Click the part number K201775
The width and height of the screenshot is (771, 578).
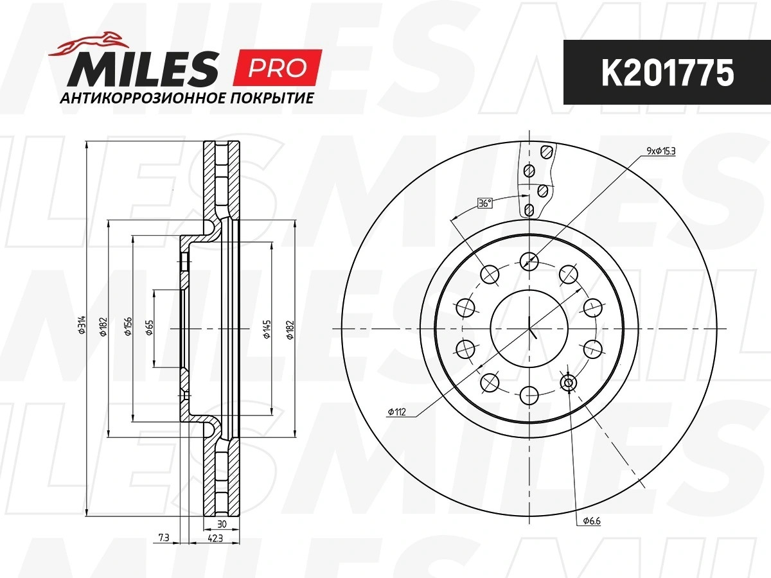668,73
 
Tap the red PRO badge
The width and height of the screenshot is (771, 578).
277,67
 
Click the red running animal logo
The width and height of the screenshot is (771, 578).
89,44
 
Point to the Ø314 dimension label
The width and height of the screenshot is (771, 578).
82,324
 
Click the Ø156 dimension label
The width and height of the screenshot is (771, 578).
128,326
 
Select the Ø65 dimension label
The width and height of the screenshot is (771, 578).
150,328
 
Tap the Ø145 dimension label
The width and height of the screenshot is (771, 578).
267,329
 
